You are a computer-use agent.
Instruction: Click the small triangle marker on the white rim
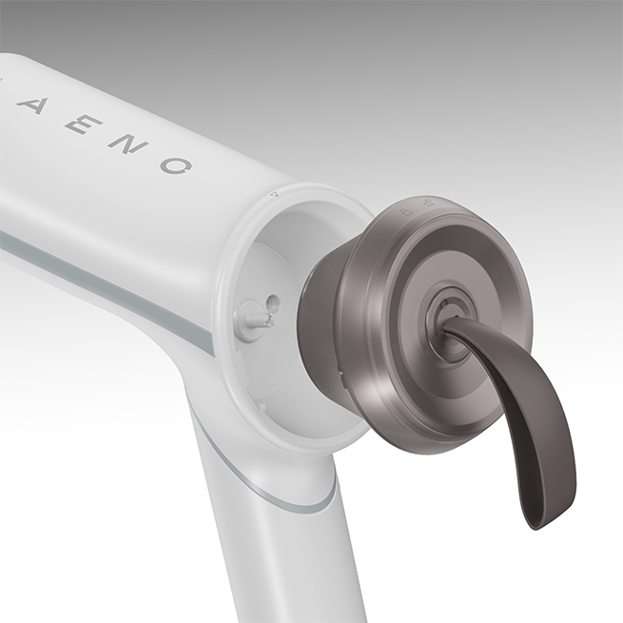click(x=274, y=194)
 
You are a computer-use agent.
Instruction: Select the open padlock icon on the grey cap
click(x=427, y=203)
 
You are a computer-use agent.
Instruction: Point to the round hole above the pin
click(x=272, y=302)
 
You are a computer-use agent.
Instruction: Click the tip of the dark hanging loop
click(x=545, y=525)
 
